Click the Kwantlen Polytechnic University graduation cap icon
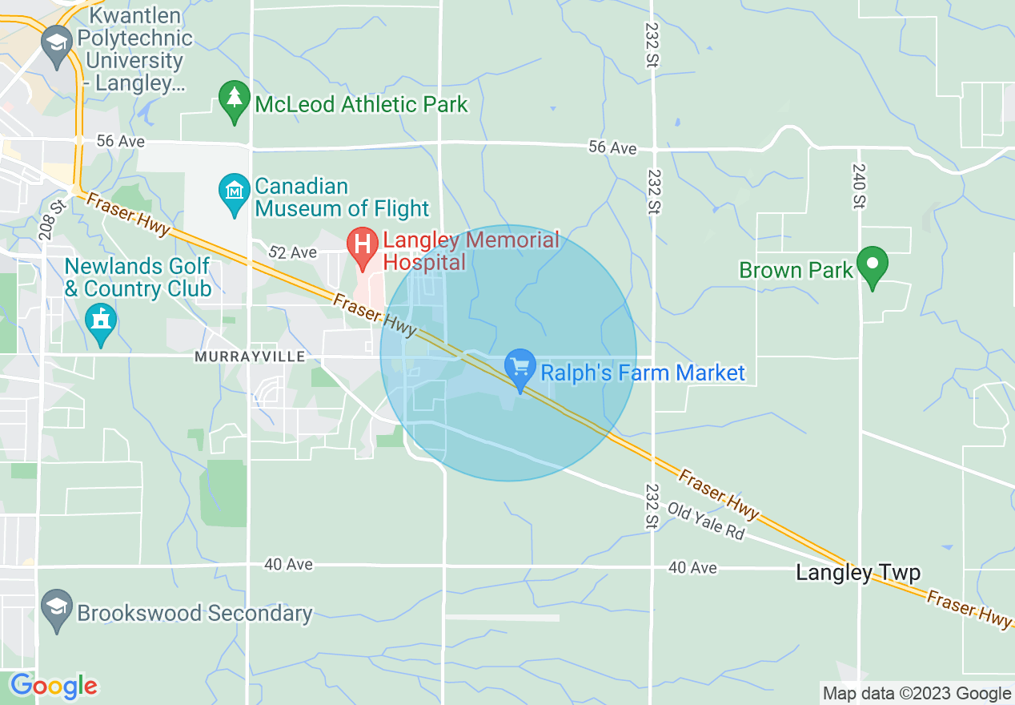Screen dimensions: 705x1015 point(57,44)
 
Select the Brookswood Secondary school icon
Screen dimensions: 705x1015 point(57,610)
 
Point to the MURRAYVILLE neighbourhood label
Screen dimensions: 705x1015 point(249,357)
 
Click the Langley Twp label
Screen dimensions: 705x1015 point(858,573)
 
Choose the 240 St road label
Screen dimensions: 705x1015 point(858,190)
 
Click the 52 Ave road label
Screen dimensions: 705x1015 point(292,252)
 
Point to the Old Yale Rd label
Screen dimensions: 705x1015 point(706,520)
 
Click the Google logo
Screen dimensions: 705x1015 point(54,686)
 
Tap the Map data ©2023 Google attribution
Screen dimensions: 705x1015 point(917,693)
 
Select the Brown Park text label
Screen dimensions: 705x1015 point(796,270)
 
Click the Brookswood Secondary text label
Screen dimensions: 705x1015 point(195,614)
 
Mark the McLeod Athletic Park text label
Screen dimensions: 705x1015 point(361,104)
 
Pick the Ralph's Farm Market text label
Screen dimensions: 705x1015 point(643,373)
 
